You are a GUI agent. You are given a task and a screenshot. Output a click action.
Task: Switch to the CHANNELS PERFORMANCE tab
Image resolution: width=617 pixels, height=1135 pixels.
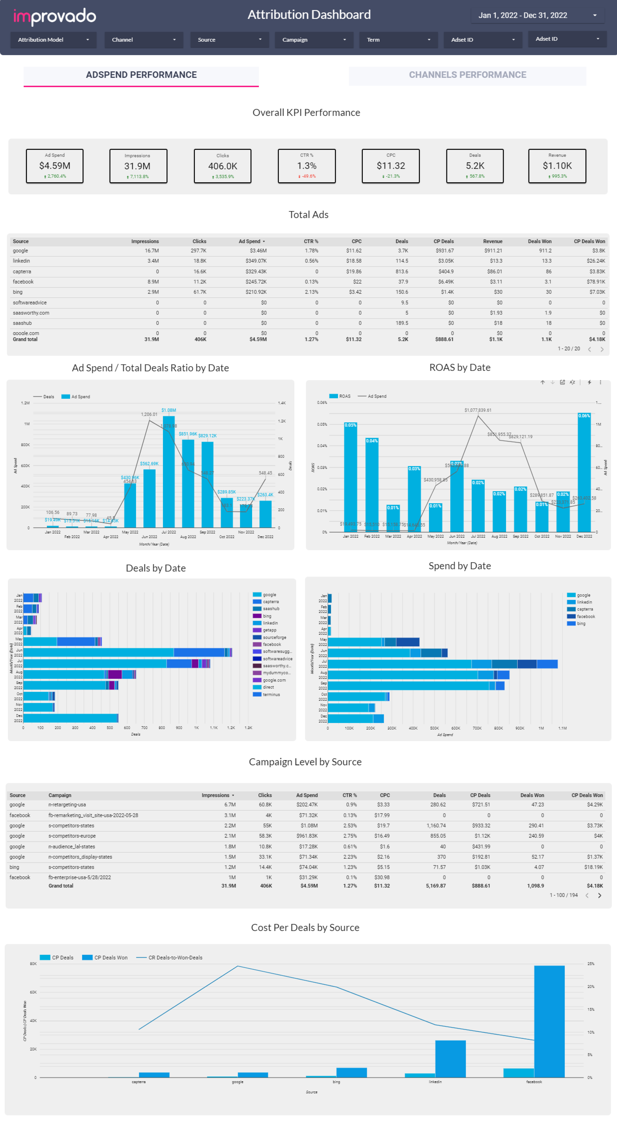point(467,75)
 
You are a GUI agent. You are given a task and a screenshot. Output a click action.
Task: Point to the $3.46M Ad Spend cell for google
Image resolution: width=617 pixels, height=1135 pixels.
point(258,251)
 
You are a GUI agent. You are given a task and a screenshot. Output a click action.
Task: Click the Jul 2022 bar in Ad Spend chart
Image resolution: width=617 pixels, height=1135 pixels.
point(169,471)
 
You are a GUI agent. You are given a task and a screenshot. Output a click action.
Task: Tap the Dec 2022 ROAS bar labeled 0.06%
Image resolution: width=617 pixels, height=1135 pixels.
point(584,474)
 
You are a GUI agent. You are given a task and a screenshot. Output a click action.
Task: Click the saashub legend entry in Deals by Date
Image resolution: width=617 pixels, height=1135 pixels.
point(271,608)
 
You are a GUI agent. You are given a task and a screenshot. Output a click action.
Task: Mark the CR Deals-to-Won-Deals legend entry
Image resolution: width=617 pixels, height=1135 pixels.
point(175,957)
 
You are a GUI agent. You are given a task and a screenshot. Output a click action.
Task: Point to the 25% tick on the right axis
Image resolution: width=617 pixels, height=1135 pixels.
point(591,964)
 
